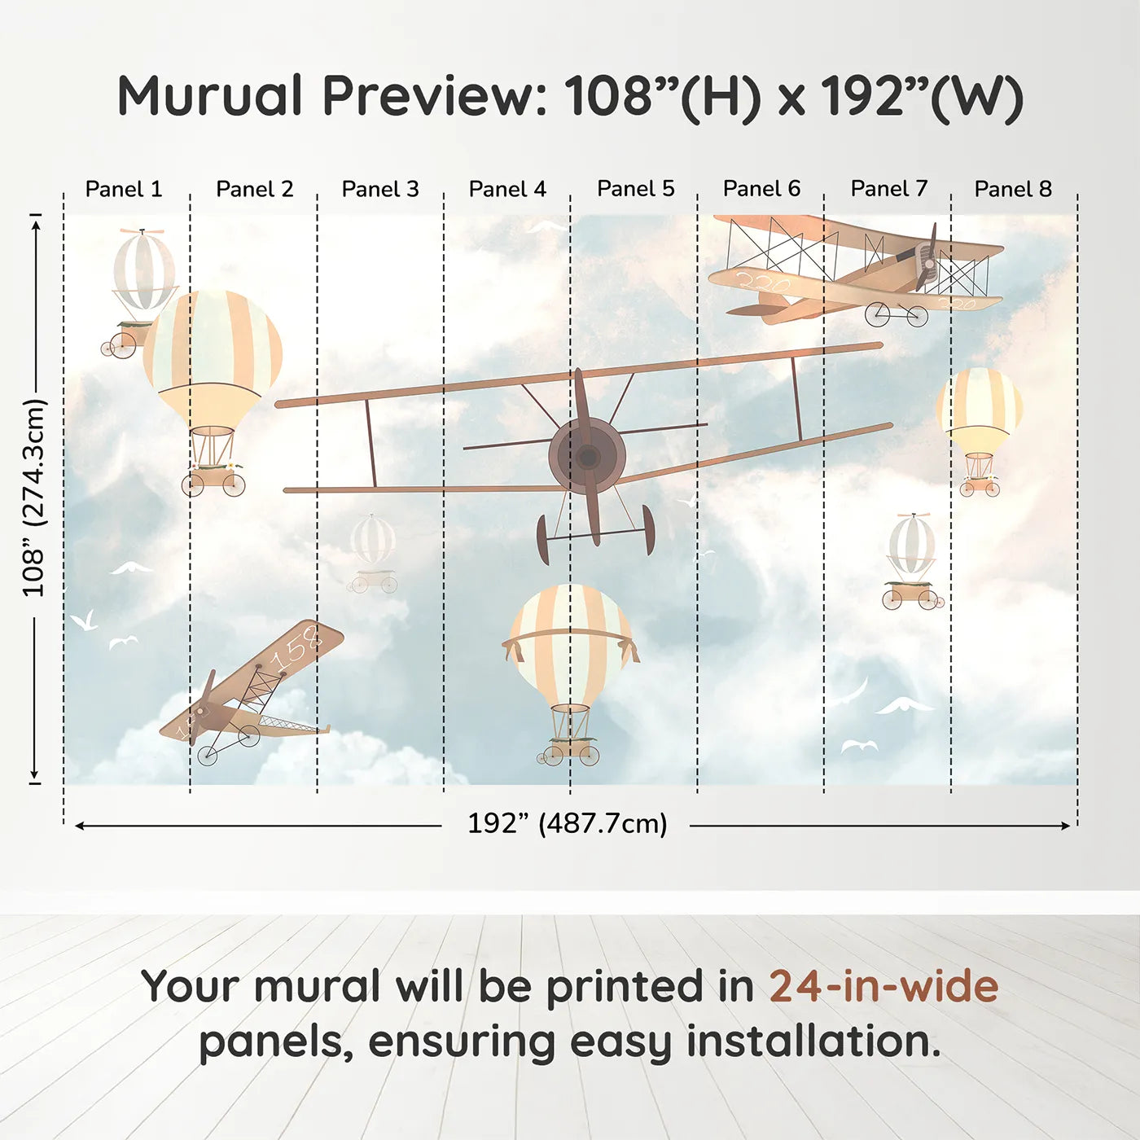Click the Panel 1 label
pyautogui.click(x=124, y=189)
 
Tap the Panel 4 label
pyautogui.click(x=507, y=189)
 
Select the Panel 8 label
pyautogui.click(x=1013, y=189)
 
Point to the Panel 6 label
pyautogui.click(x=761, y=189)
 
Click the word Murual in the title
pyautogui.click(x=210, y=96)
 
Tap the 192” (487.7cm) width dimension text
pyautogui.click(x=567, y=823)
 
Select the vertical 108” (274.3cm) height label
pyautogui.click(x=34, y=498)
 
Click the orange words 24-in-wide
pyautogui.click(x=883, y=986)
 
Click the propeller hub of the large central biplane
pyautogui.click(x=587, y=456)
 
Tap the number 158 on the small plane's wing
pyautogui.click(x=297, y=647)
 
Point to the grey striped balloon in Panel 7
pyautogui.click(x=912, y=544)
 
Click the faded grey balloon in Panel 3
pyautogui.click(x=373, y=540)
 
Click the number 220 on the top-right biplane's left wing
pyautogui.click(x=763, y=283)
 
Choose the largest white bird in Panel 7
pyautogui.click(x=904, y=705)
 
